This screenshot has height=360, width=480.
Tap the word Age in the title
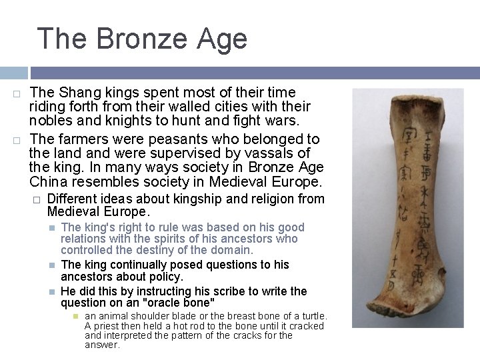(x=223, y=39)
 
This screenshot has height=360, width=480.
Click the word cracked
(x=305, y=326)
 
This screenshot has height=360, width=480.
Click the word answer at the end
(x=101, y=345)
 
